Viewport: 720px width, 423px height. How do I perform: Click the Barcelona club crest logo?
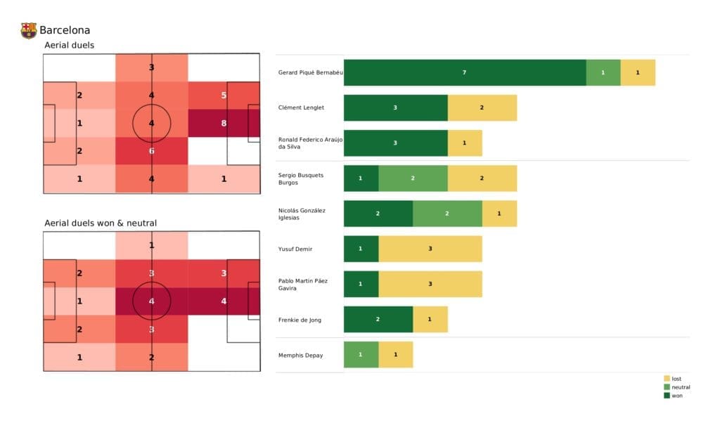point(28,30)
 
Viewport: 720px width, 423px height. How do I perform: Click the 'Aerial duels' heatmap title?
point(69,45)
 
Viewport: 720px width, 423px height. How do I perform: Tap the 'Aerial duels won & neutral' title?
point(100,223)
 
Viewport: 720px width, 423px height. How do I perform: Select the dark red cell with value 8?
point(224,123)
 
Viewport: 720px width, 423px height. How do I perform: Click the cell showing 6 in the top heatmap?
point(152,151)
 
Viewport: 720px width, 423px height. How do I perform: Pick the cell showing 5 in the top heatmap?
point(224,96)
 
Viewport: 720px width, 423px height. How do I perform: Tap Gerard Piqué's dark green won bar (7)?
point(464,72)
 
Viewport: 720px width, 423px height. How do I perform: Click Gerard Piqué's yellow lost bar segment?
point(637,72)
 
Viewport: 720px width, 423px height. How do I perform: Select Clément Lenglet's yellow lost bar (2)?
point(482,108)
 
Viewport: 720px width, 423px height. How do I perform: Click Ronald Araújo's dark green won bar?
point(395,143)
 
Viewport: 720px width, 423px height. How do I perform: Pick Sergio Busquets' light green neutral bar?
point(413,178)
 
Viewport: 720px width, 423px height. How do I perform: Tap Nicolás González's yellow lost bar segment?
point(499,214)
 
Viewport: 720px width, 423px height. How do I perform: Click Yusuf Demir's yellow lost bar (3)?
point(430,249)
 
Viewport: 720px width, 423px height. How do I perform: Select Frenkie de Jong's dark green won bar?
point(378,319)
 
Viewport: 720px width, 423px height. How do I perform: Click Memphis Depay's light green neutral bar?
point(361,355)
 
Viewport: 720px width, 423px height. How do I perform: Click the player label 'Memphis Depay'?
point(300,355)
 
